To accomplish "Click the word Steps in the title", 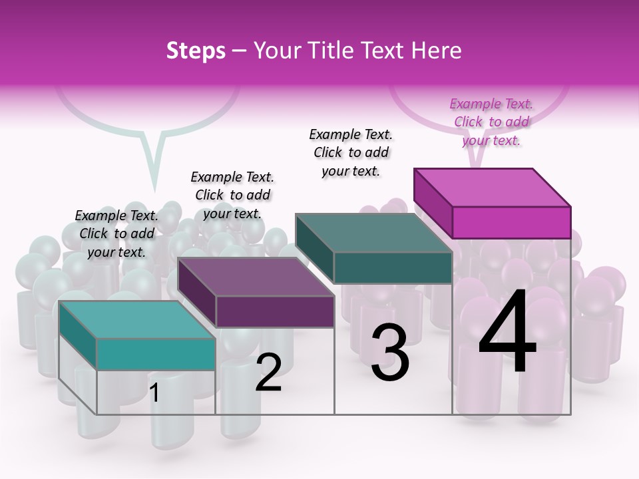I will pyautogui.click(x=196, y=51).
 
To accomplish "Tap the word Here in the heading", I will pyautogui.click(x=437, y=51).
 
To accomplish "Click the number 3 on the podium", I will pyautogui.click(x=389, y=353).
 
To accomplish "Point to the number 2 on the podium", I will pyautogui.click(x=268, y=373).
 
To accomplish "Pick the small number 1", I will pyautogui.click(x=154, y=393).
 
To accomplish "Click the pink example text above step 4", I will pyautogui.click(x=491, y=122).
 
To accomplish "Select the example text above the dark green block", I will pyautogui.click(x=351, y=152).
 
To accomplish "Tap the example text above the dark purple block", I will pyautogui.click(x=232, y=195).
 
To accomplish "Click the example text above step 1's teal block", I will pyautogui.click(x=116, y=234).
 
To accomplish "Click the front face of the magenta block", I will pyautogui.click(x=511, y=222).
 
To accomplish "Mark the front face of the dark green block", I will pyautogui.click(x=393, y=267).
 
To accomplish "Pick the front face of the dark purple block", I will pyautogui.click(x=275, y=311).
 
